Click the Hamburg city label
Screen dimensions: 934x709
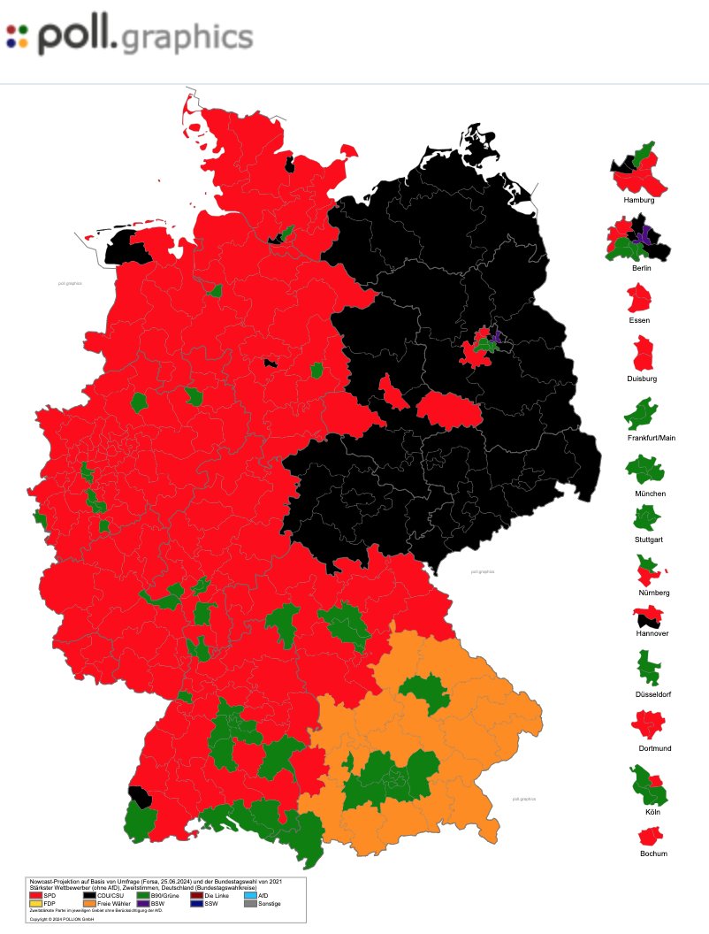[x=638, y=200]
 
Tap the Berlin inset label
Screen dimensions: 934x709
[x=642, y=267]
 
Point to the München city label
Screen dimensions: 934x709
[x=644, y=493]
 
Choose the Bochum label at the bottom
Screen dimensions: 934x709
[x=653, y=854]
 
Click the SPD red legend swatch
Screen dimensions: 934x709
[x=36, y=895]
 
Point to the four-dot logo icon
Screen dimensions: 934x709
[x=17, y=36]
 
